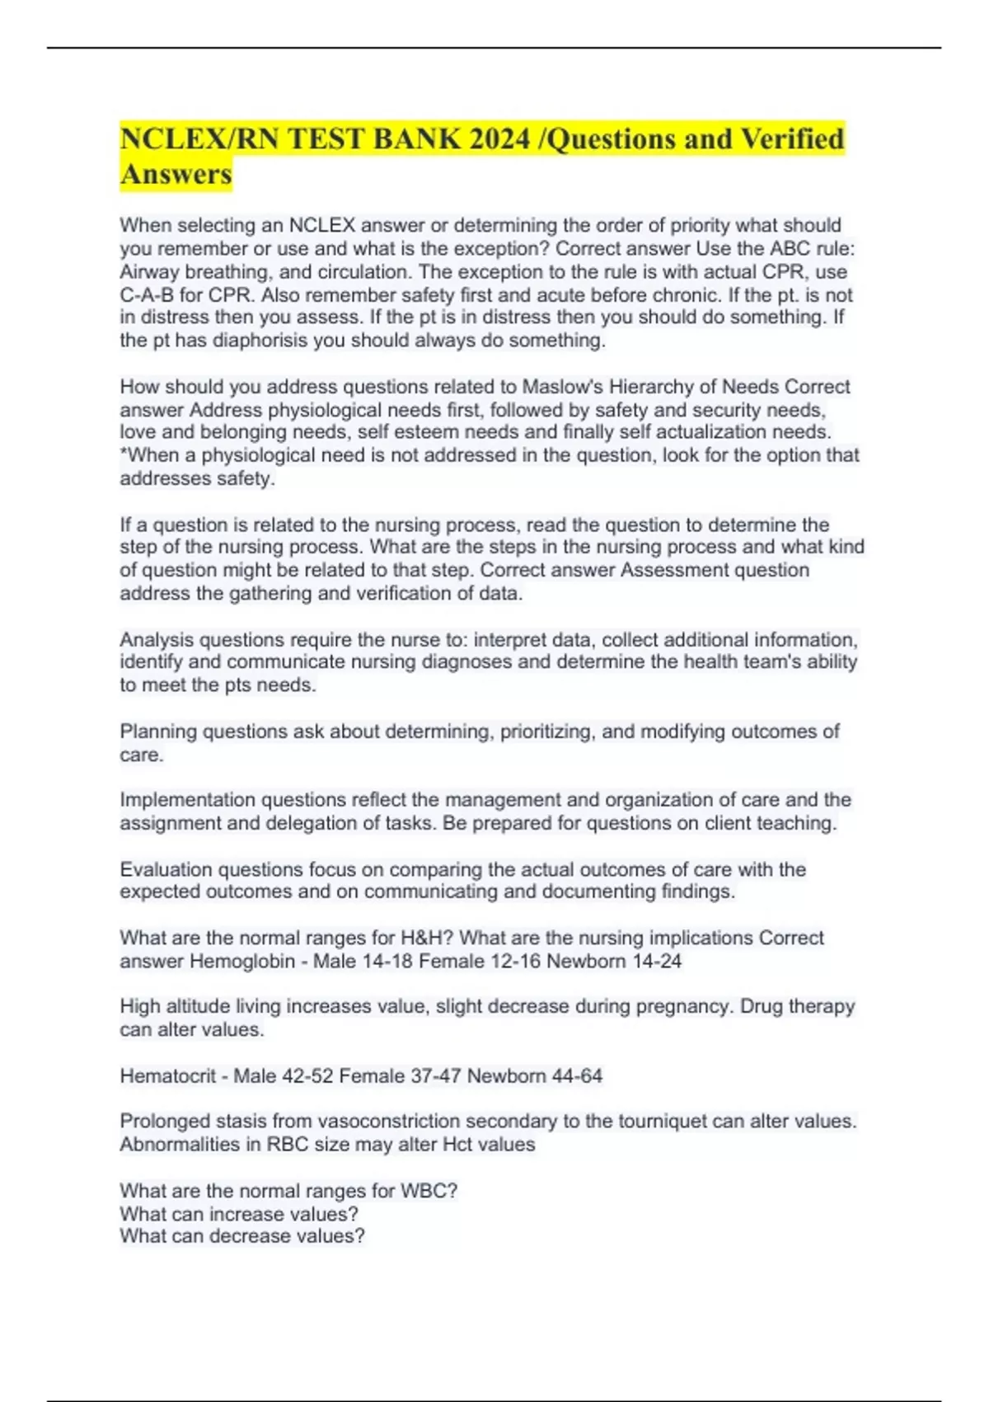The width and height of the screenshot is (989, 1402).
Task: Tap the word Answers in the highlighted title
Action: pos(176,174)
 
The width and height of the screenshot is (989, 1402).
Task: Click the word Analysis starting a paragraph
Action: pos(157,640)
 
